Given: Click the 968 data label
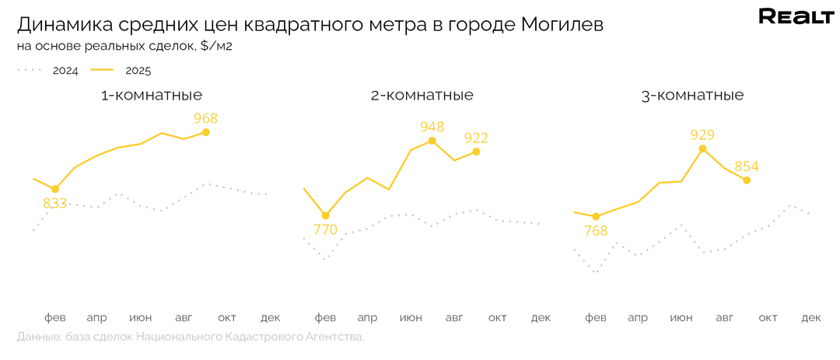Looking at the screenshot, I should [x=205, y=118].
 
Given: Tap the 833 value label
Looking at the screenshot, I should [x=54, y=203].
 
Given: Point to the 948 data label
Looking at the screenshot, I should [x=432, y=127].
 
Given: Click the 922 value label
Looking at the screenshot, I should [x=475, y=138].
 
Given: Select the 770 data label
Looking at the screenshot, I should [x=325, y=229].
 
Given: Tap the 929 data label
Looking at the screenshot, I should [x=702, y=135].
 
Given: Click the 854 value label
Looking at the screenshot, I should [x=746, y=166].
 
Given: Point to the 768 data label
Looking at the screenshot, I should [x=595, y=230].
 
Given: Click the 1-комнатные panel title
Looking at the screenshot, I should [x=152, y=96].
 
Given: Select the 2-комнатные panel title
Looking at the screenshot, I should [x=422, y=96].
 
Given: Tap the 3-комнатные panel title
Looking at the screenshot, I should [x=692, y=96].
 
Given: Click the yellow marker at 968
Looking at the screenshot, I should [x=205, y=132].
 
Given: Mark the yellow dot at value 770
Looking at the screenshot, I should [x=325, y=215].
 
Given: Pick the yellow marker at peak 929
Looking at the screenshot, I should [x=702, y=148].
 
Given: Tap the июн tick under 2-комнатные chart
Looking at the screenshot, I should [x=411, y=317].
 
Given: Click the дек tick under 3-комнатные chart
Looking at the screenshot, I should [x=811, y=317].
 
